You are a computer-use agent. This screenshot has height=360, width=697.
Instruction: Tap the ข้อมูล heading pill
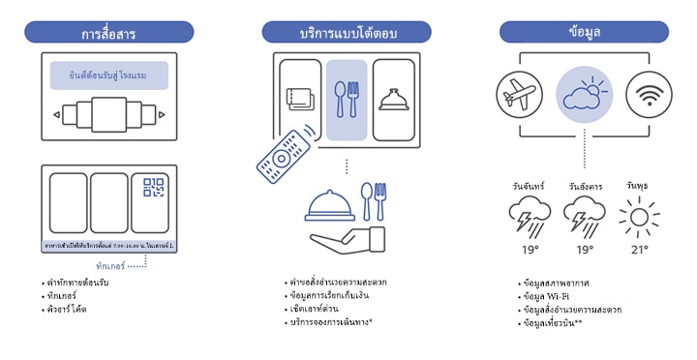click(585, 32)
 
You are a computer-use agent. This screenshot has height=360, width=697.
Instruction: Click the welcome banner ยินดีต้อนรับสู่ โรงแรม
click(109, 75)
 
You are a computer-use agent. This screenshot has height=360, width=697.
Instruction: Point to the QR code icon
click(154, 188)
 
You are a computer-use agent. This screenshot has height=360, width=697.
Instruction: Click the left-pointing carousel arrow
click(55, 117)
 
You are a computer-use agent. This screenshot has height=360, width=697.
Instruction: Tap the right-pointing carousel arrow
click(163, 117)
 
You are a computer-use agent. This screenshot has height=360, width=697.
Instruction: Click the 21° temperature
click(640, 249)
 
